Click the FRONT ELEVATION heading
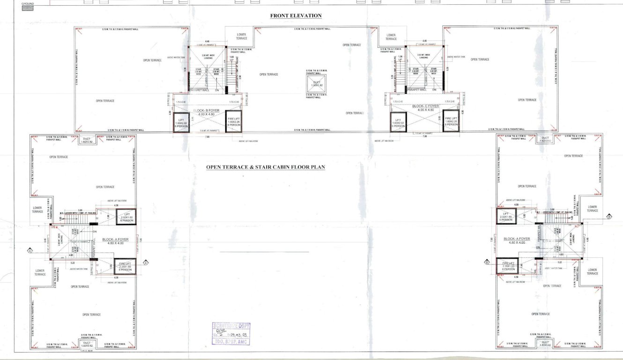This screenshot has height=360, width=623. coord(296,15)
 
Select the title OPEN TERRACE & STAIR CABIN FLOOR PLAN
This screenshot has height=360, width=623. coord(266,167)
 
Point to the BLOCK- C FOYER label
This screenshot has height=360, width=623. coord(426,106)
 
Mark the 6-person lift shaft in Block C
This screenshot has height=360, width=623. coord(398,122)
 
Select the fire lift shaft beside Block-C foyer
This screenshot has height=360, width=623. coord(451,121)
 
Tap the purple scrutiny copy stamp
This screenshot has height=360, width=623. coord(231,334)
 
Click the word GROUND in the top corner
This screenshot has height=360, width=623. coord(28,3)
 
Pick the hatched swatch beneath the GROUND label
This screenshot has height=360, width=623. coord(28,8)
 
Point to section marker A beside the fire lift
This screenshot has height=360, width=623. coord(146,262)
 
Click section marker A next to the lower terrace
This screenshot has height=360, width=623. coord(30,250)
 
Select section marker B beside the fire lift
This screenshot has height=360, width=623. coord(487,262)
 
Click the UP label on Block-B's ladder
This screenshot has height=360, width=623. coord(231,60)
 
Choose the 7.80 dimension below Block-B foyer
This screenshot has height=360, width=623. coord(207,137)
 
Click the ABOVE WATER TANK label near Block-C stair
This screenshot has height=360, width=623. coord(456,57)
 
